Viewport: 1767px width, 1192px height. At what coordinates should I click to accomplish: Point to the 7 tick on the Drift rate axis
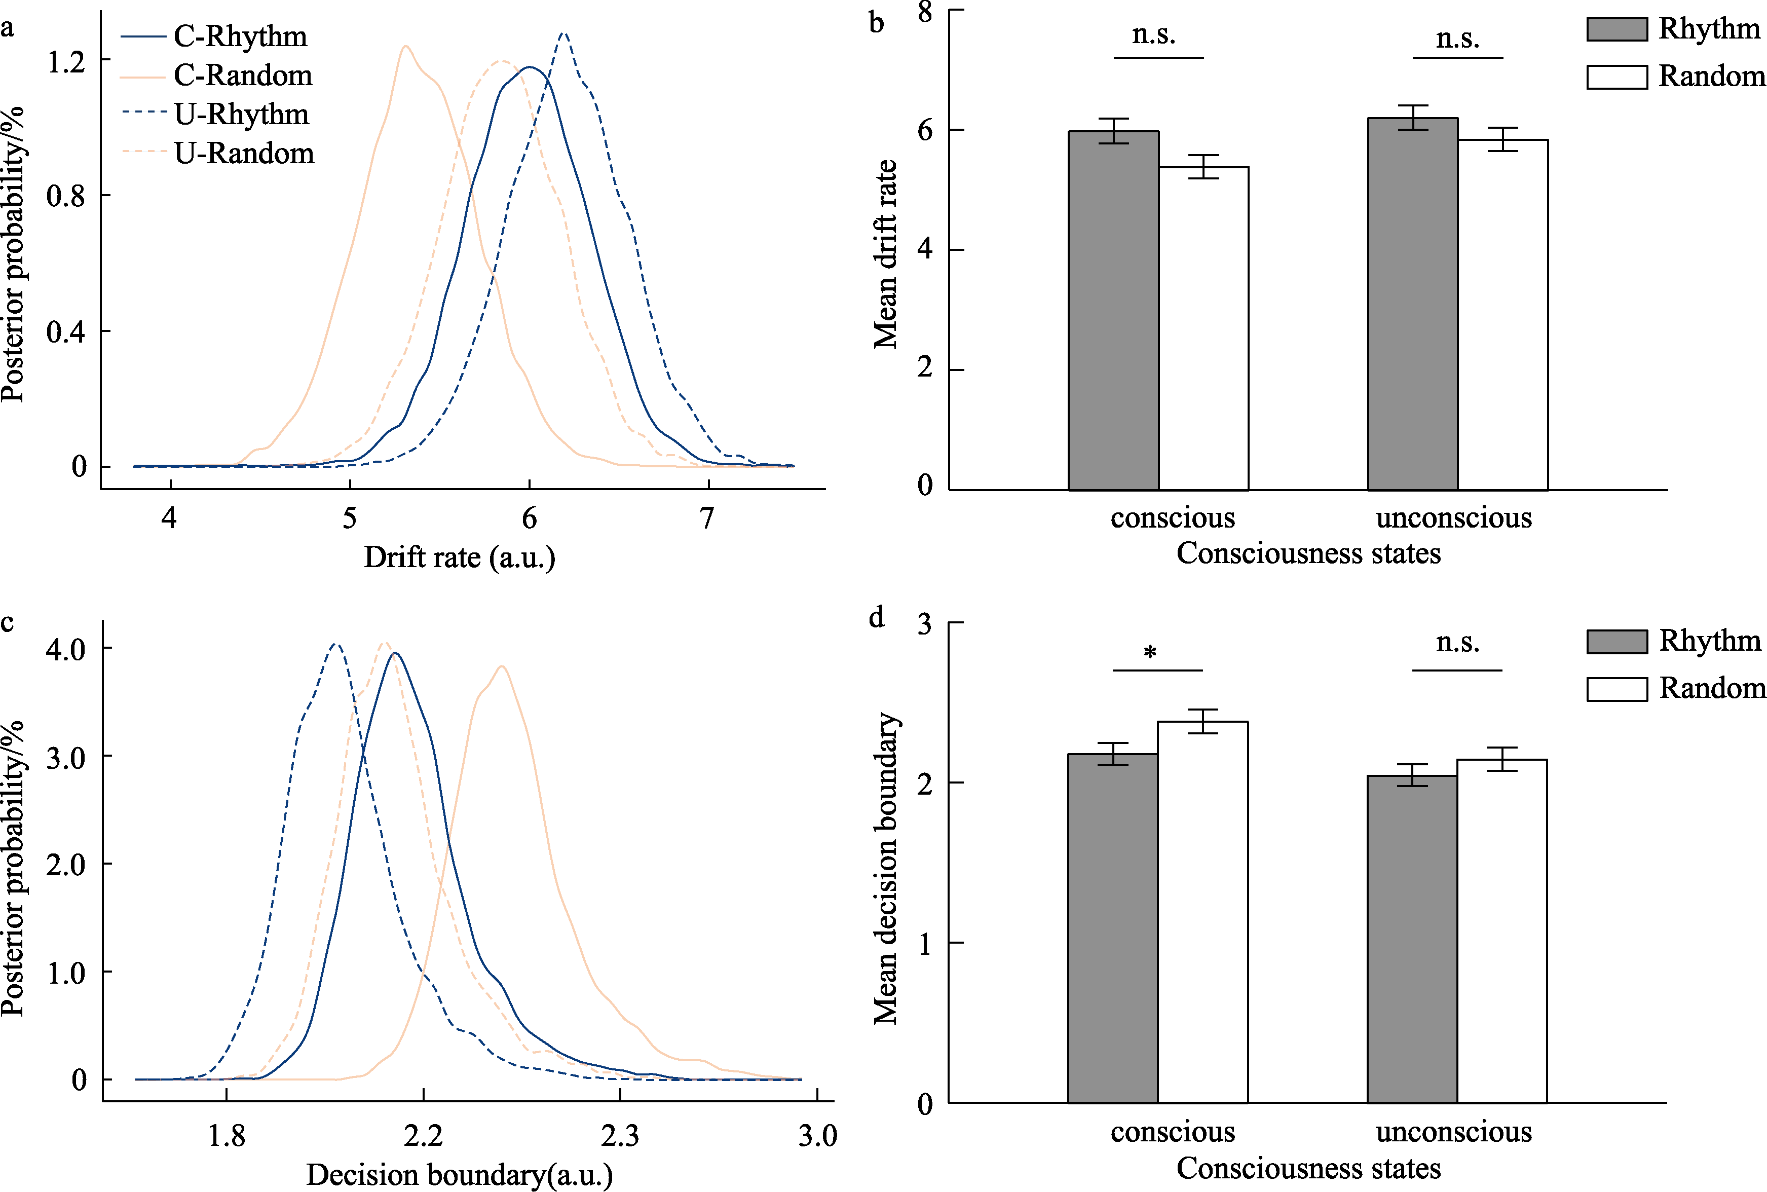tap(707, 518)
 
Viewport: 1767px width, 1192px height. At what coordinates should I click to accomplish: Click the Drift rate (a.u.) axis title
tap(459, 557)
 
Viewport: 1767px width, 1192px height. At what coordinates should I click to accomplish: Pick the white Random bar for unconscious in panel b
tap(1502, 315)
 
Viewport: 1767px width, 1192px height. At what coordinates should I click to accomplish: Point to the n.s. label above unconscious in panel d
tap(1457, 643)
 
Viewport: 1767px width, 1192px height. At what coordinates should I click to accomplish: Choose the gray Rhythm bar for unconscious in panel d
tap(1412, 938)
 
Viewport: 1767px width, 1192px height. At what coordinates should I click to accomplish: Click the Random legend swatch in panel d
tap(1616, 689)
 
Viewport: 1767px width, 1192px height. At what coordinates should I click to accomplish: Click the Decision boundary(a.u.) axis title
tap(459, 1175)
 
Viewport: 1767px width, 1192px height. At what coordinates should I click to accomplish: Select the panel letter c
tap(8, 622)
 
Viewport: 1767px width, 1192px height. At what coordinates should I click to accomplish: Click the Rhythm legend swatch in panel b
tap(1616, 29)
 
